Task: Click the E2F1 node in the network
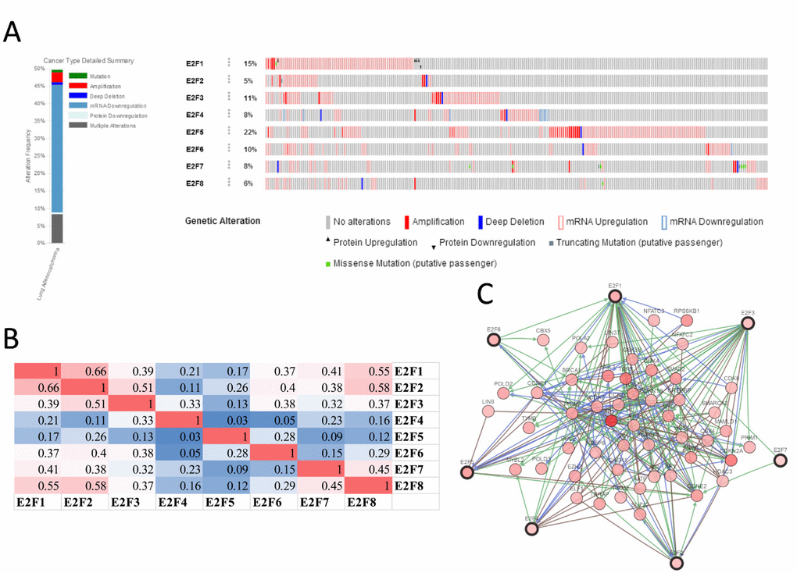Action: (x=614, y=297)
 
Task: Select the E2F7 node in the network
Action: (x=780, y=461)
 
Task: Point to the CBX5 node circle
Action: (x=542, y=341)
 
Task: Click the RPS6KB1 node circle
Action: (x=687, y=320)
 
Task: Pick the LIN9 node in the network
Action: (x=488, y=411)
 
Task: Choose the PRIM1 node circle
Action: (x=749, y=447)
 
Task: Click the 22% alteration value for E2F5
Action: (x=250, y=131)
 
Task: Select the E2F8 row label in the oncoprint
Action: (x=195, y=183)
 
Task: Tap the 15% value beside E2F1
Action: (x=250, y=63)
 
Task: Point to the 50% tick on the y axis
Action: (x=39, y=68)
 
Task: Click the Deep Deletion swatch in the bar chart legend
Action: (x=77, y=95)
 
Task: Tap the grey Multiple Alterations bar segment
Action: (x=57, y=228)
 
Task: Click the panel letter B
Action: (x=12, y=338)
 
